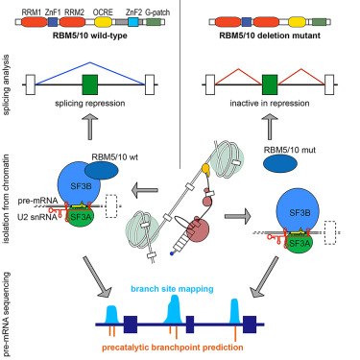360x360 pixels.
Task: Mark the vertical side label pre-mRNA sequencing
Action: pos(7,306)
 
